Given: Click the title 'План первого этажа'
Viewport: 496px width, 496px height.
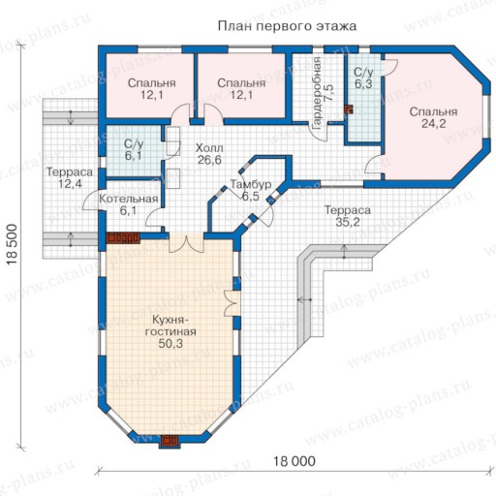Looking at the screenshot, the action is pyautogui.click(x=287, y=26).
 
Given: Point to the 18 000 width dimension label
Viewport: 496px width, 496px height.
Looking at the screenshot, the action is pyautogui.click(x=294, y=461).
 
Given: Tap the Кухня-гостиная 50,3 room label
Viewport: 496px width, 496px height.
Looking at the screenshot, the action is pyautogui.click(x=170, y=331).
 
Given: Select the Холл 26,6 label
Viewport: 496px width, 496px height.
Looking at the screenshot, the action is pyautogui.click(x=209, y=154).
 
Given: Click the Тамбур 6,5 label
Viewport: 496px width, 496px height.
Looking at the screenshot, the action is pyautogui.click(x=251, y=190).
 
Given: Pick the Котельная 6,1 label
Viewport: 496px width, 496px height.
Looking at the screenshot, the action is pyautogui.click(x=129, y=204).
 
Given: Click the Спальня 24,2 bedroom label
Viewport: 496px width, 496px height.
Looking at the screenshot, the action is pyautogui.click(x=433, y=117).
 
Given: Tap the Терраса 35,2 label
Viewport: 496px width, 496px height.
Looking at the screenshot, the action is pyautogui.click(x=348, y=216).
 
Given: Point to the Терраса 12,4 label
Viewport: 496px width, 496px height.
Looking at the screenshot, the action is pyautogui.click(x=70, y=177).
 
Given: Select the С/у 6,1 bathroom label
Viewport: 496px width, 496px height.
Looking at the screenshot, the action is pyautogui.click(x=133, y=150).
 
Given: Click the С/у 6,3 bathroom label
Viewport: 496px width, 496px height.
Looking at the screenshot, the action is pyautogui.click(x=363, y=77).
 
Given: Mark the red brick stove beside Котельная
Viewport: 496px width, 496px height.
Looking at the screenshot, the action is pyautogui.click(x=123, y=238).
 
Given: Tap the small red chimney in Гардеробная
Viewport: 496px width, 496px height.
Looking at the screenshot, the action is pyautogui.click(x=348, y=109).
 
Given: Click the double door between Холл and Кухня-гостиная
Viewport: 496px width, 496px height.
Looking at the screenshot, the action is pyautogui.click(x=187, y=244).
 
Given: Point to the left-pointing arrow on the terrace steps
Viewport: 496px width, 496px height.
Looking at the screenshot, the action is pyautogui.click(x=304, y=300).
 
